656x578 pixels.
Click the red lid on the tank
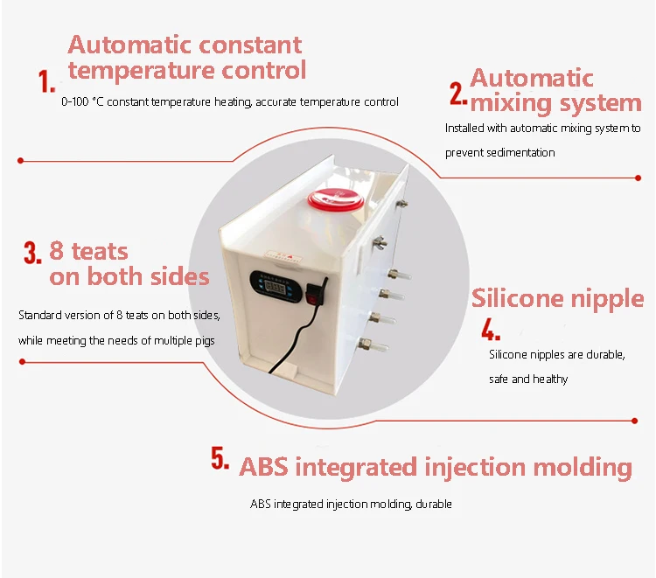click(336, 199)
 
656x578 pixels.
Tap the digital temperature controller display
click(276, 287)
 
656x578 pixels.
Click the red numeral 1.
click(46, 81)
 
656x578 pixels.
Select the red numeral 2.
click(458, 93)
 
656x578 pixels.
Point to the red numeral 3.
click(32, 253)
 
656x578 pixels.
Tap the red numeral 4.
click(491, 330)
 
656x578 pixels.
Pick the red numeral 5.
click(220, 458)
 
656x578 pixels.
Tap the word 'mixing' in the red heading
click(511, 103)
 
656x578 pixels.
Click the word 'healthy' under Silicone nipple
click(550, 380)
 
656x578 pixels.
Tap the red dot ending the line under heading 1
click(20, 161)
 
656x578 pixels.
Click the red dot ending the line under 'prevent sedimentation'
click(638, 178)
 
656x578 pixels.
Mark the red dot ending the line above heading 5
click(635, 421)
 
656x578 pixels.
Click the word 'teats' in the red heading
click(100, 252)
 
